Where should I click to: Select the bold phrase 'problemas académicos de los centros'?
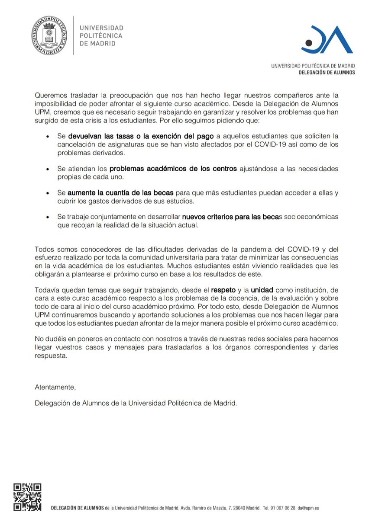click(173, 168)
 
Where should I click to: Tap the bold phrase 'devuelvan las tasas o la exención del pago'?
click(140, 136)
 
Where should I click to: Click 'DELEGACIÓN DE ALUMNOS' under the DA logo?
click(327, 73)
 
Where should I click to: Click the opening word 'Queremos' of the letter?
click(51, 95)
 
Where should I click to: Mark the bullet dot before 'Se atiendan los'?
click(48, 169)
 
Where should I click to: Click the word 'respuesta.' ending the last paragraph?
click(51, 357)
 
